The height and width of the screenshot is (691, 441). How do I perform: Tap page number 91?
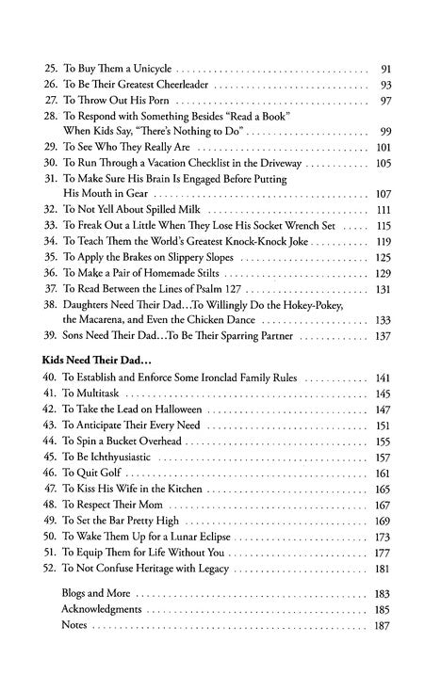coord(384,70)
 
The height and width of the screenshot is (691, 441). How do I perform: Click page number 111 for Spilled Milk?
coord(383,209)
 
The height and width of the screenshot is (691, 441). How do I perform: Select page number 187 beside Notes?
coord(383,624)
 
